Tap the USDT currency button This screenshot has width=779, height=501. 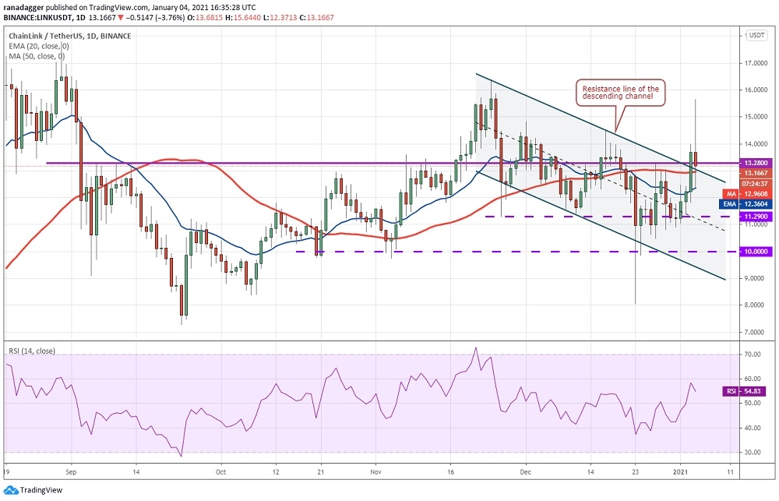(x=756, y=35)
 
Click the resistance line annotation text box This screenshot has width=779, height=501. (x=621, y=93)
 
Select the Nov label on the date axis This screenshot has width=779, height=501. (x=375, y=471)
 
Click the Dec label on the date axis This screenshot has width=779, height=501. (x=526, y=471)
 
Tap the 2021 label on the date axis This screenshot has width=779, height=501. (x=679, y=471)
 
